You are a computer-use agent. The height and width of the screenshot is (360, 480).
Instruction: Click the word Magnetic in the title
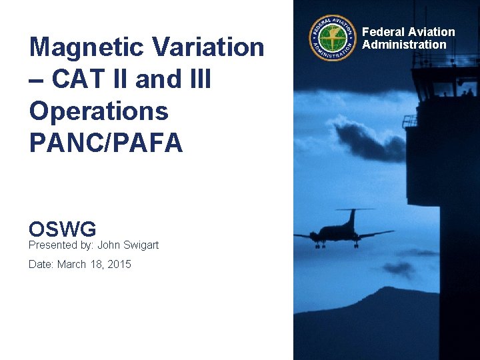click(87, 48)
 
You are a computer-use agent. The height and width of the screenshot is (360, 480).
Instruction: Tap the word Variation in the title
click(208, 48)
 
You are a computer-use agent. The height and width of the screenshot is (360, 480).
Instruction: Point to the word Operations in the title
click(99, 111)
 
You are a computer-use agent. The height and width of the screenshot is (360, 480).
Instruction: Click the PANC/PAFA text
click(105, 143)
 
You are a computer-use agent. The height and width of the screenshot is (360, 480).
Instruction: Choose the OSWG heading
click(63, 229)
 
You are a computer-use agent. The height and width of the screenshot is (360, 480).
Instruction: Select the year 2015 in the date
click(119, 264)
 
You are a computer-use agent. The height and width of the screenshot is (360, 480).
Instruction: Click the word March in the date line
click(71, 264)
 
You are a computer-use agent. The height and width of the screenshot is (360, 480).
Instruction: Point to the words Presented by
click(55, 245)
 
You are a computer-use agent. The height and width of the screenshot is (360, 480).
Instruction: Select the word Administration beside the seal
click(404, 45)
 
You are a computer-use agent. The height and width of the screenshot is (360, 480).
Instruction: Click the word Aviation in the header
click(432, 32)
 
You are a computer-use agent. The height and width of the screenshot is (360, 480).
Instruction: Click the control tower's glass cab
click(444, 83)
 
